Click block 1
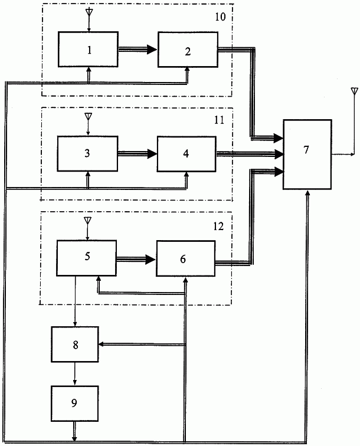coord(88,50)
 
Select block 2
coord(187,51)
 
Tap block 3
coord(87,153)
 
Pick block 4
coord(186,153)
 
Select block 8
coord(75,343)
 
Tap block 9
coord(74,402)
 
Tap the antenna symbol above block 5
coord(87,221)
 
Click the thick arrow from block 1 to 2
coord(138,51)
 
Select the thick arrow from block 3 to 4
coord(137,153)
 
